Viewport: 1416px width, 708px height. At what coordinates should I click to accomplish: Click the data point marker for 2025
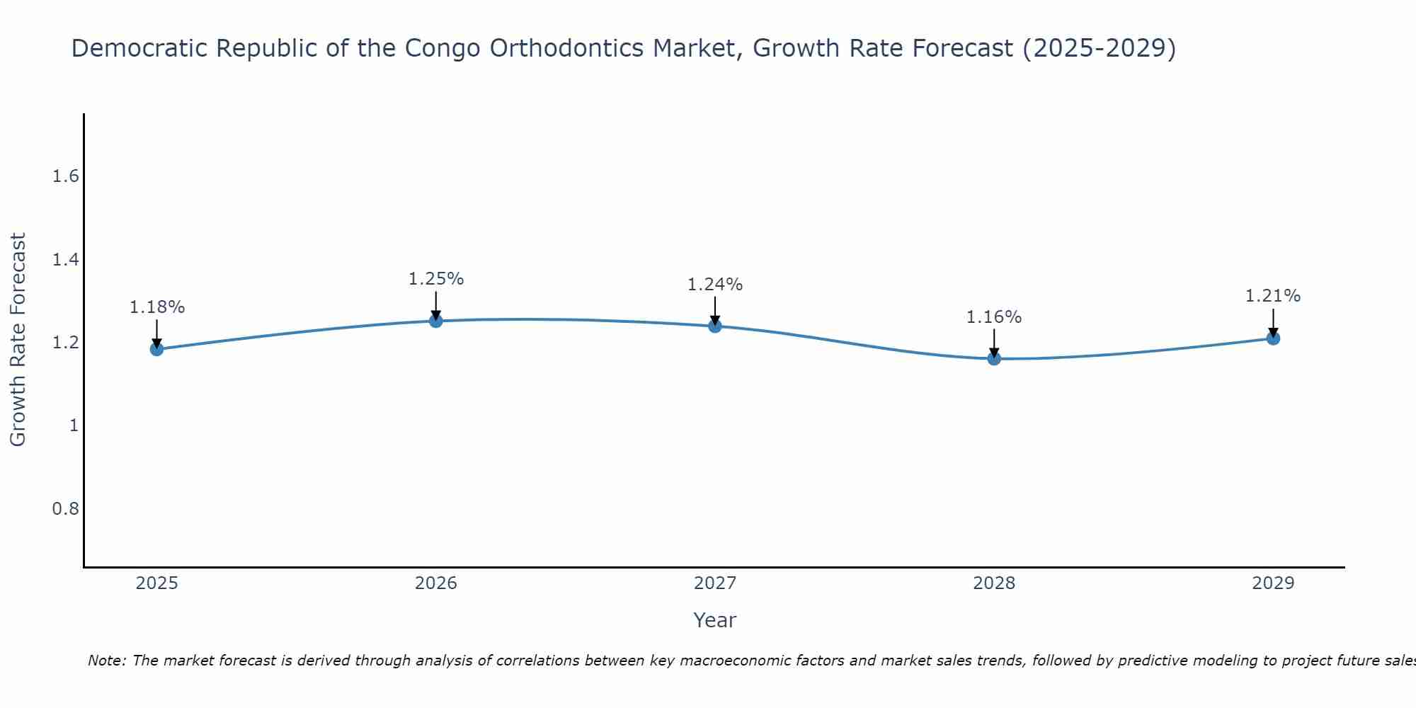click(x=156, y=349)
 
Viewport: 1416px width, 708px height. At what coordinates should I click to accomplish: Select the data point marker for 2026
click(x=436, y=321)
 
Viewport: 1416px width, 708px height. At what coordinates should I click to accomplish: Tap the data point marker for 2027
click(x=715, y=326)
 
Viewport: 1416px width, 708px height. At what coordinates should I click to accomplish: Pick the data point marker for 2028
click(x=994, y=358)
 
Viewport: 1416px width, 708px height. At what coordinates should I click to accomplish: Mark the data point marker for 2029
click(x=1273, y=338)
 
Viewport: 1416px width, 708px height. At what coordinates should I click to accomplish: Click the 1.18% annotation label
click(x=156, y=307)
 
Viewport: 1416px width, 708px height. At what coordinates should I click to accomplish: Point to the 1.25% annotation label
click(x=436, y=279)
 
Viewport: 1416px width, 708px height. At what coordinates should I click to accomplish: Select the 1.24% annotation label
click(x=715, y=285)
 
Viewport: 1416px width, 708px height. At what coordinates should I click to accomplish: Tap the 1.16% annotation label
click(x=994, y=317)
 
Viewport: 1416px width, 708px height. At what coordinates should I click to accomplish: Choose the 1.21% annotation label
click(x=1273, y=296)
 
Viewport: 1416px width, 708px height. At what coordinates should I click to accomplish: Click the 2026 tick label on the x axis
click(x=436, y=583)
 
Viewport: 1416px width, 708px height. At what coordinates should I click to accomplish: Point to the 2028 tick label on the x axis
click(x=994, y=583)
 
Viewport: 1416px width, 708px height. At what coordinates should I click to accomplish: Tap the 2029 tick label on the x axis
click(x=1273, y=583)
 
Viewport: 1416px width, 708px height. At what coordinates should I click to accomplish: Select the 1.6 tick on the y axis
click(x=65, y=176)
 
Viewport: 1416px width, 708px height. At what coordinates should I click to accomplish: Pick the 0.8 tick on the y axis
click(x=65, y=509)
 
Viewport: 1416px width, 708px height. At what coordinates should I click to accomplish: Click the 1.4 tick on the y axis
click(x=65, y=260)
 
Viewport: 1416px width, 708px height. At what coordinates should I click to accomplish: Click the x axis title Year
click(x=715, y=620)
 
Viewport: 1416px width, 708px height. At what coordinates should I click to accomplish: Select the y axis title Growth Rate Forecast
click(x=18, y=340)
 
